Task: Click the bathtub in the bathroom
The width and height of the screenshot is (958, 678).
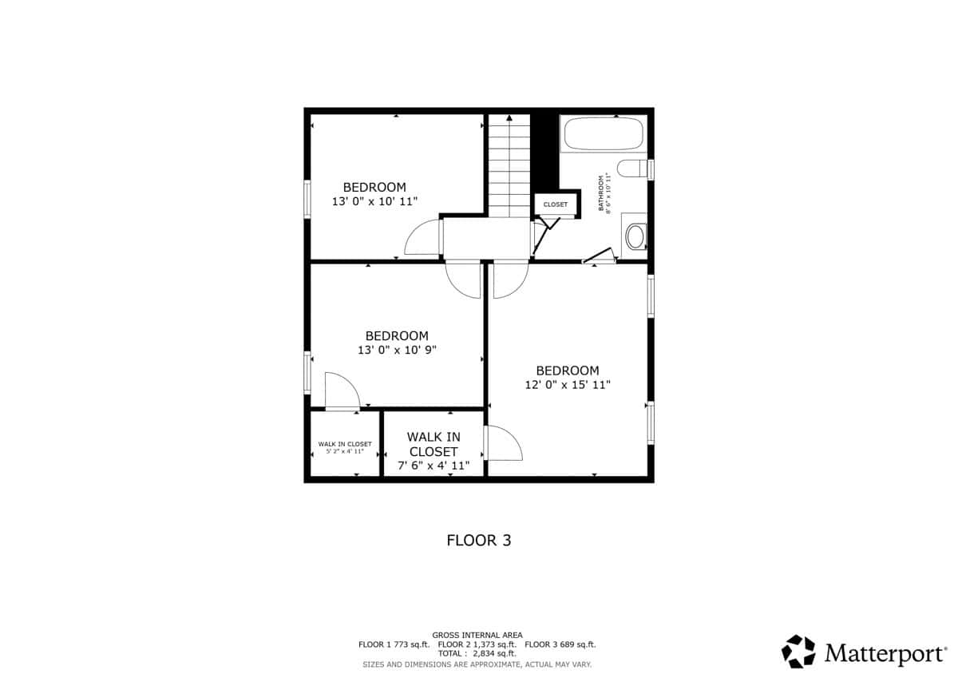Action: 604,133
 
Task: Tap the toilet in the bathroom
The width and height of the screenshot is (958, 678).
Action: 632,169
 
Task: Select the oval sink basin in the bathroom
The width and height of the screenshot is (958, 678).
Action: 635,236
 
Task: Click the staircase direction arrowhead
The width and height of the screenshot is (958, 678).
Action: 509,117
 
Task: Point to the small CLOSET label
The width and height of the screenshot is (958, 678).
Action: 555,204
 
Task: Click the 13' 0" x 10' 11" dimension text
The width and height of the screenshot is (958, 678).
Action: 374,201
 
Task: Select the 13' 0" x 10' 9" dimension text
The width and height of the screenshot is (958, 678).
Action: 397,350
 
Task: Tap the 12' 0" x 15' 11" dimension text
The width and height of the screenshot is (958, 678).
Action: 568,385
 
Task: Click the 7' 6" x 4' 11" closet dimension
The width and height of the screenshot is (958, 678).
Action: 433,466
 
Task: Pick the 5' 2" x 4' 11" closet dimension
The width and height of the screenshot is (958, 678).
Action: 345,451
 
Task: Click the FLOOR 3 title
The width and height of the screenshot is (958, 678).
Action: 478,541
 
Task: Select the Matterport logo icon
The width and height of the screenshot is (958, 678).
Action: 798,651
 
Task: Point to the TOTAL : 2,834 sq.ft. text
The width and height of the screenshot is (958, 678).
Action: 477,653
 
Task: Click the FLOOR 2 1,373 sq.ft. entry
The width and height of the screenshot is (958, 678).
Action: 477,644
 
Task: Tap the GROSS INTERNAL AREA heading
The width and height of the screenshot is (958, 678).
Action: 477,635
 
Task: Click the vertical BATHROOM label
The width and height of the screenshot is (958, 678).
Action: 601,193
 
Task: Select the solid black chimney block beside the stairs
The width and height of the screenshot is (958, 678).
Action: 544,152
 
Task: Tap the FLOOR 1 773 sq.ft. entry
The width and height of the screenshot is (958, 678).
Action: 394,644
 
